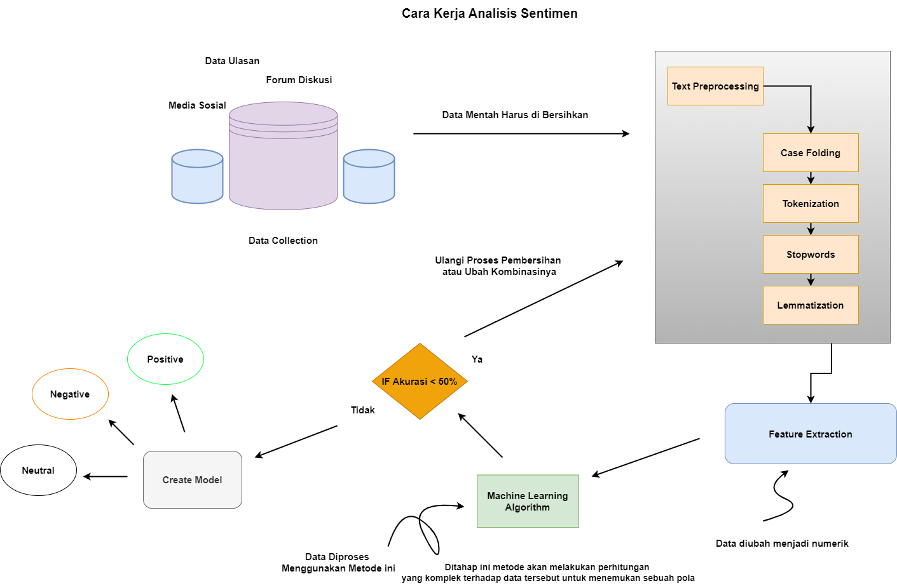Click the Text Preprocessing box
coord(715,86)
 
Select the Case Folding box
coord(811,152)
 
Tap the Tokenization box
coord(811,203)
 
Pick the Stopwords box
coord(811,254)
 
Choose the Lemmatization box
coord(811,305)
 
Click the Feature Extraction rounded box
coord(811,434)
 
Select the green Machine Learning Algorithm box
coord(528,501)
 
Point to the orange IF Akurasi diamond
coord(420,381)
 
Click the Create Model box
coord(193,479)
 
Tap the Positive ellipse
coord(165,359)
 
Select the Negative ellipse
coord(70,394)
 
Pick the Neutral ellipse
coord(38,470)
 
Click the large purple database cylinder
coord(283,165)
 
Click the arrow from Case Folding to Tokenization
coord(811,178)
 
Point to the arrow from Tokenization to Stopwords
coord(811,229)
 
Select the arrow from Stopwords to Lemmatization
coord(811,280)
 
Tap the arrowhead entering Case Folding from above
coord(811,130)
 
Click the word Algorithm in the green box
coord(528,507)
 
